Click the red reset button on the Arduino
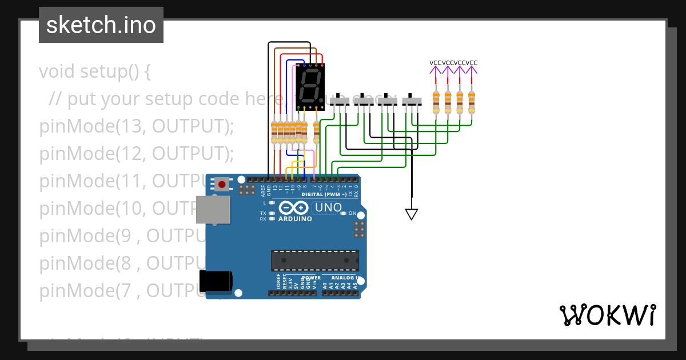pos(221,184)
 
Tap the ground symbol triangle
pos(411,214)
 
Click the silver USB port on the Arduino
pos(212,209)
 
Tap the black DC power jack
pos(215,281)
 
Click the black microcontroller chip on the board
pos(315,261)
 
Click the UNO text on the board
pos(329,207)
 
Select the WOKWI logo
pos(607,315)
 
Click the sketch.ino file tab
pos(101,25)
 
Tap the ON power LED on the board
pos(344,214)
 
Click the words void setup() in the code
pos(95,72)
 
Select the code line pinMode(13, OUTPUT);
pos(137,126)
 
